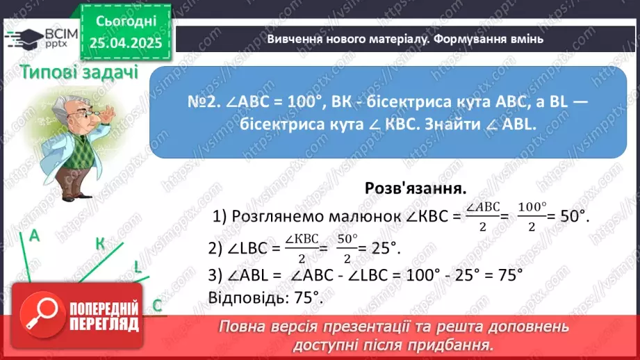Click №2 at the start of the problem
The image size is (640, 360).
tap(203, 101)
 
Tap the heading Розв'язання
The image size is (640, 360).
tap(415, 188)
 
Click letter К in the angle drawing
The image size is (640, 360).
tap(100, 243)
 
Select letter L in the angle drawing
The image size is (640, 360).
tap(138, 267)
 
